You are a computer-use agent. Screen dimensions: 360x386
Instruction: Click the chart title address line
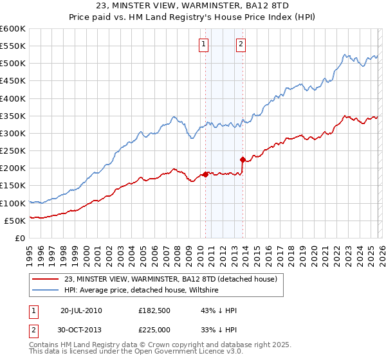coord(193,4)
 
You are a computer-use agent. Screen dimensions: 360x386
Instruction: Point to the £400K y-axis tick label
coord(12,98)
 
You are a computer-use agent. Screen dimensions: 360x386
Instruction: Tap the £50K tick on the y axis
coord(15,221)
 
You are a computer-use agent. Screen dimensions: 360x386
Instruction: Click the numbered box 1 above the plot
coord(204,44)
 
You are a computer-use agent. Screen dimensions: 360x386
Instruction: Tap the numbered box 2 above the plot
coord(241,44)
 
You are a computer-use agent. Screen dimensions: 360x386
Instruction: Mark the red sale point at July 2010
coord(205,174)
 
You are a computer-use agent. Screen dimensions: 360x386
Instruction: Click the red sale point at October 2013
coord(243,159)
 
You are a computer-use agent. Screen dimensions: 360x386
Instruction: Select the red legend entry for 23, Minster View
coord(170,279)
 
